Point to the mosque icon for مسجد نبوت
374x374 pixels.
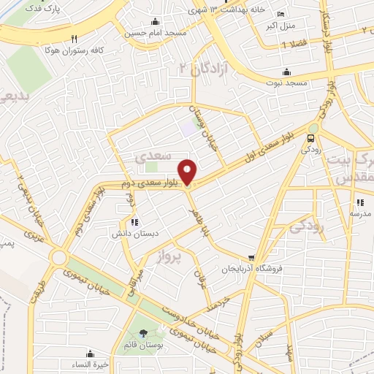(x=286, y=72)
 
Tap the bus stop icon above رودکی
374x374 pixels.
(x=312, y=137)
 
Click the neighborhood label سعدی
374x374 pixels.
(x=153, y=156)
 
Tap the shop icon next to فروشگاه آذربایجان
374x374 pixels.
(x=251, y=257)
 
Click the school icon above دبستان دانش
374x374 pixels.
(x=133, y=222)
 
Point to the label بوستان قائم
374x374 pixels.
(x=142, y=344)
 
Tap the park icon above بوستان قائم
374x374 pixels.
(x=142, y=334)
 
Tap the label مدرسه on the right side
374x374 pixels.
(x=359, y=213)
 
